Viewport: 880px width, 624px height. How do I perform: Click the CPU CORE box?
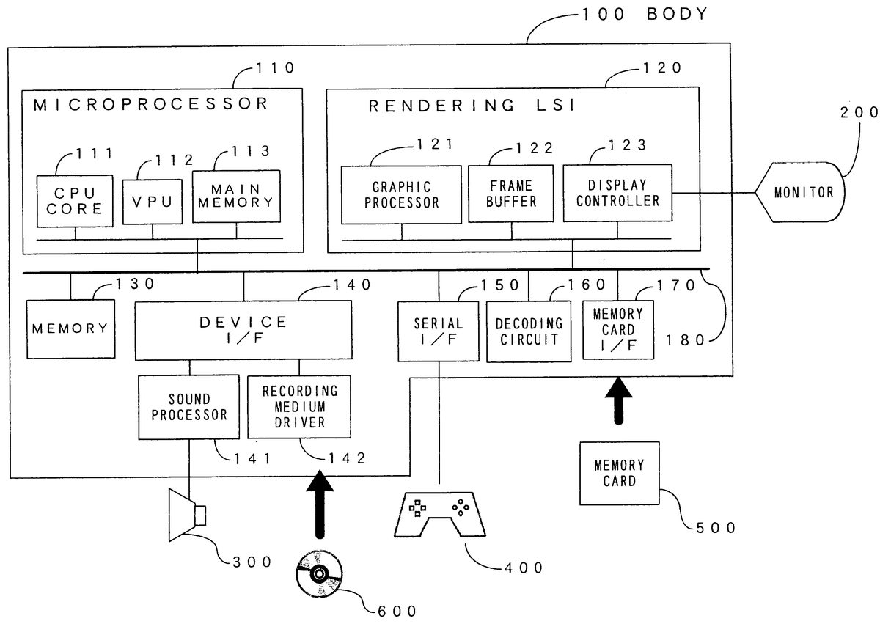click(x=75, y=201)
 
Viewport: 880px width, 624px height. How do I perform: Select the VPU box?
click(x=153, y=201)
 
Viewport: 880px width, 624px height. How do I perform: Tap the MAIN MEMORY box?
click(x=237, y=197)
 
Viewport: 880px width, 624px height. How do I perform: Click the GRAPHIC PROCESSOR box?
click(x=401, y=194)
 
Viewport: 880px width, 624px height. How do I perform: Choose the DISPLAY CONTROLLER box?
click(x=618, y=193)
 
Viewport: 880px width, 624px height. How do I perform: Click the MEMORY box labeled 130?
click(x=70, y=328)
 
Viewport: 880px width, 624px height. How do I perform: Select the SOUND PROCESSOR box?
click(x=188, y=407)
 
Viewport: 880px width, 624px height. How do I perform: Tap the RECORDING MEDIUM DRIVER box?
click(x=299, y=407)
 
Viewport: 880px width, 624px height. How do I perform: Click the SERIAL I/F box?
click(x=439, y=331)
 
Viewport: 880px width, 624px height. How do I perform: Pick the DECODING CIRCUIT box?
click(x=529, y=331)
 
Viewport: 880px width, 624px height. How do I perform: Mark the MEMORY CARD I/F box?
click(x=618, y=330)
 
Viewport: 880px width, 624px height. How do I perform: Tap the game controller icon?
click(x=439, y=513)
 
